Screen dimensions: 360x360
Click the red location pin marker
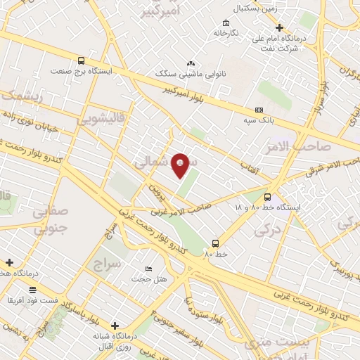[x=181, y=165]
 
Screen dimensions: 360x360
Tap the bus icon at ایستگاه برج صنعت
[x=82, y=60]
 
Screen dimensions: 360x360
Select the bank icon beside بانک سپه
[x=259, y=110]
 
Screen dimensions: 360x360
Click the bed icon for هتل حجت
[x=148, y=269]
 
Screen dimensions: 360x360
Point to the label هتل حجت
[x=153, y=279]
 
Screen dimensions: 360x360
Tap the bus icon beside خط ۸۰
[x=215, y=243]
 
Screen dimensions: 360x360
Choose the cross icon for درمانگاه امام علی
[x=279, y=27]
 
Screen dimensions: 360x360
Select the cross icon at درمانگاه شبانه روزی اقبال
[x=115, y=325]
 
